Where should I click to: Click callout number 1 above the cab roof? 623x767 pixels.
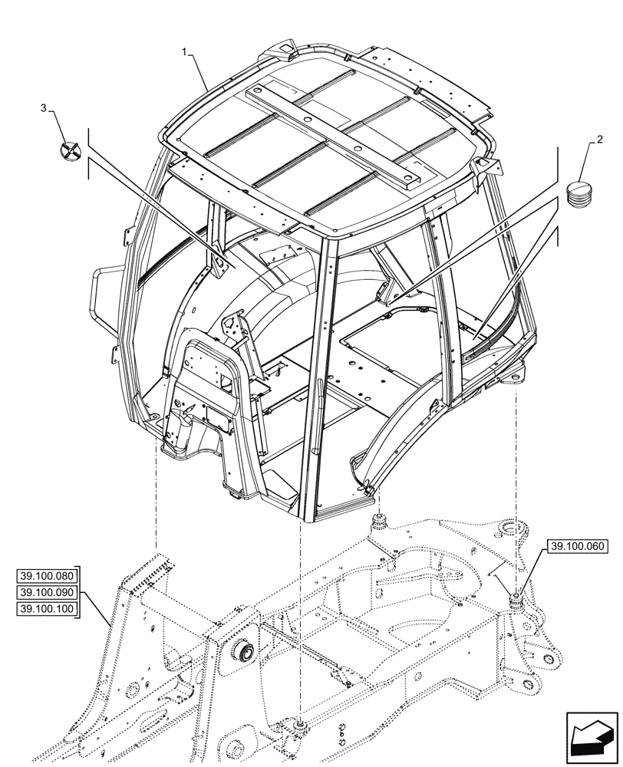click(185, 51)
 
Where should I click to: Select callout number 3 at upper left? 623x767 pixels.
click(44, 108)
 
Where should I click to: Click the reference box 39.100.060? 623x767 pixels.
click(577, 547)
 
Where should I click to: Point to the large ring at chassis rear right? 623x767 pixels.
click(511, 529)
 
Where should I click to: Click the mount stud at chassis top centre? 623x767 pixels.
click(377, 524)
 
